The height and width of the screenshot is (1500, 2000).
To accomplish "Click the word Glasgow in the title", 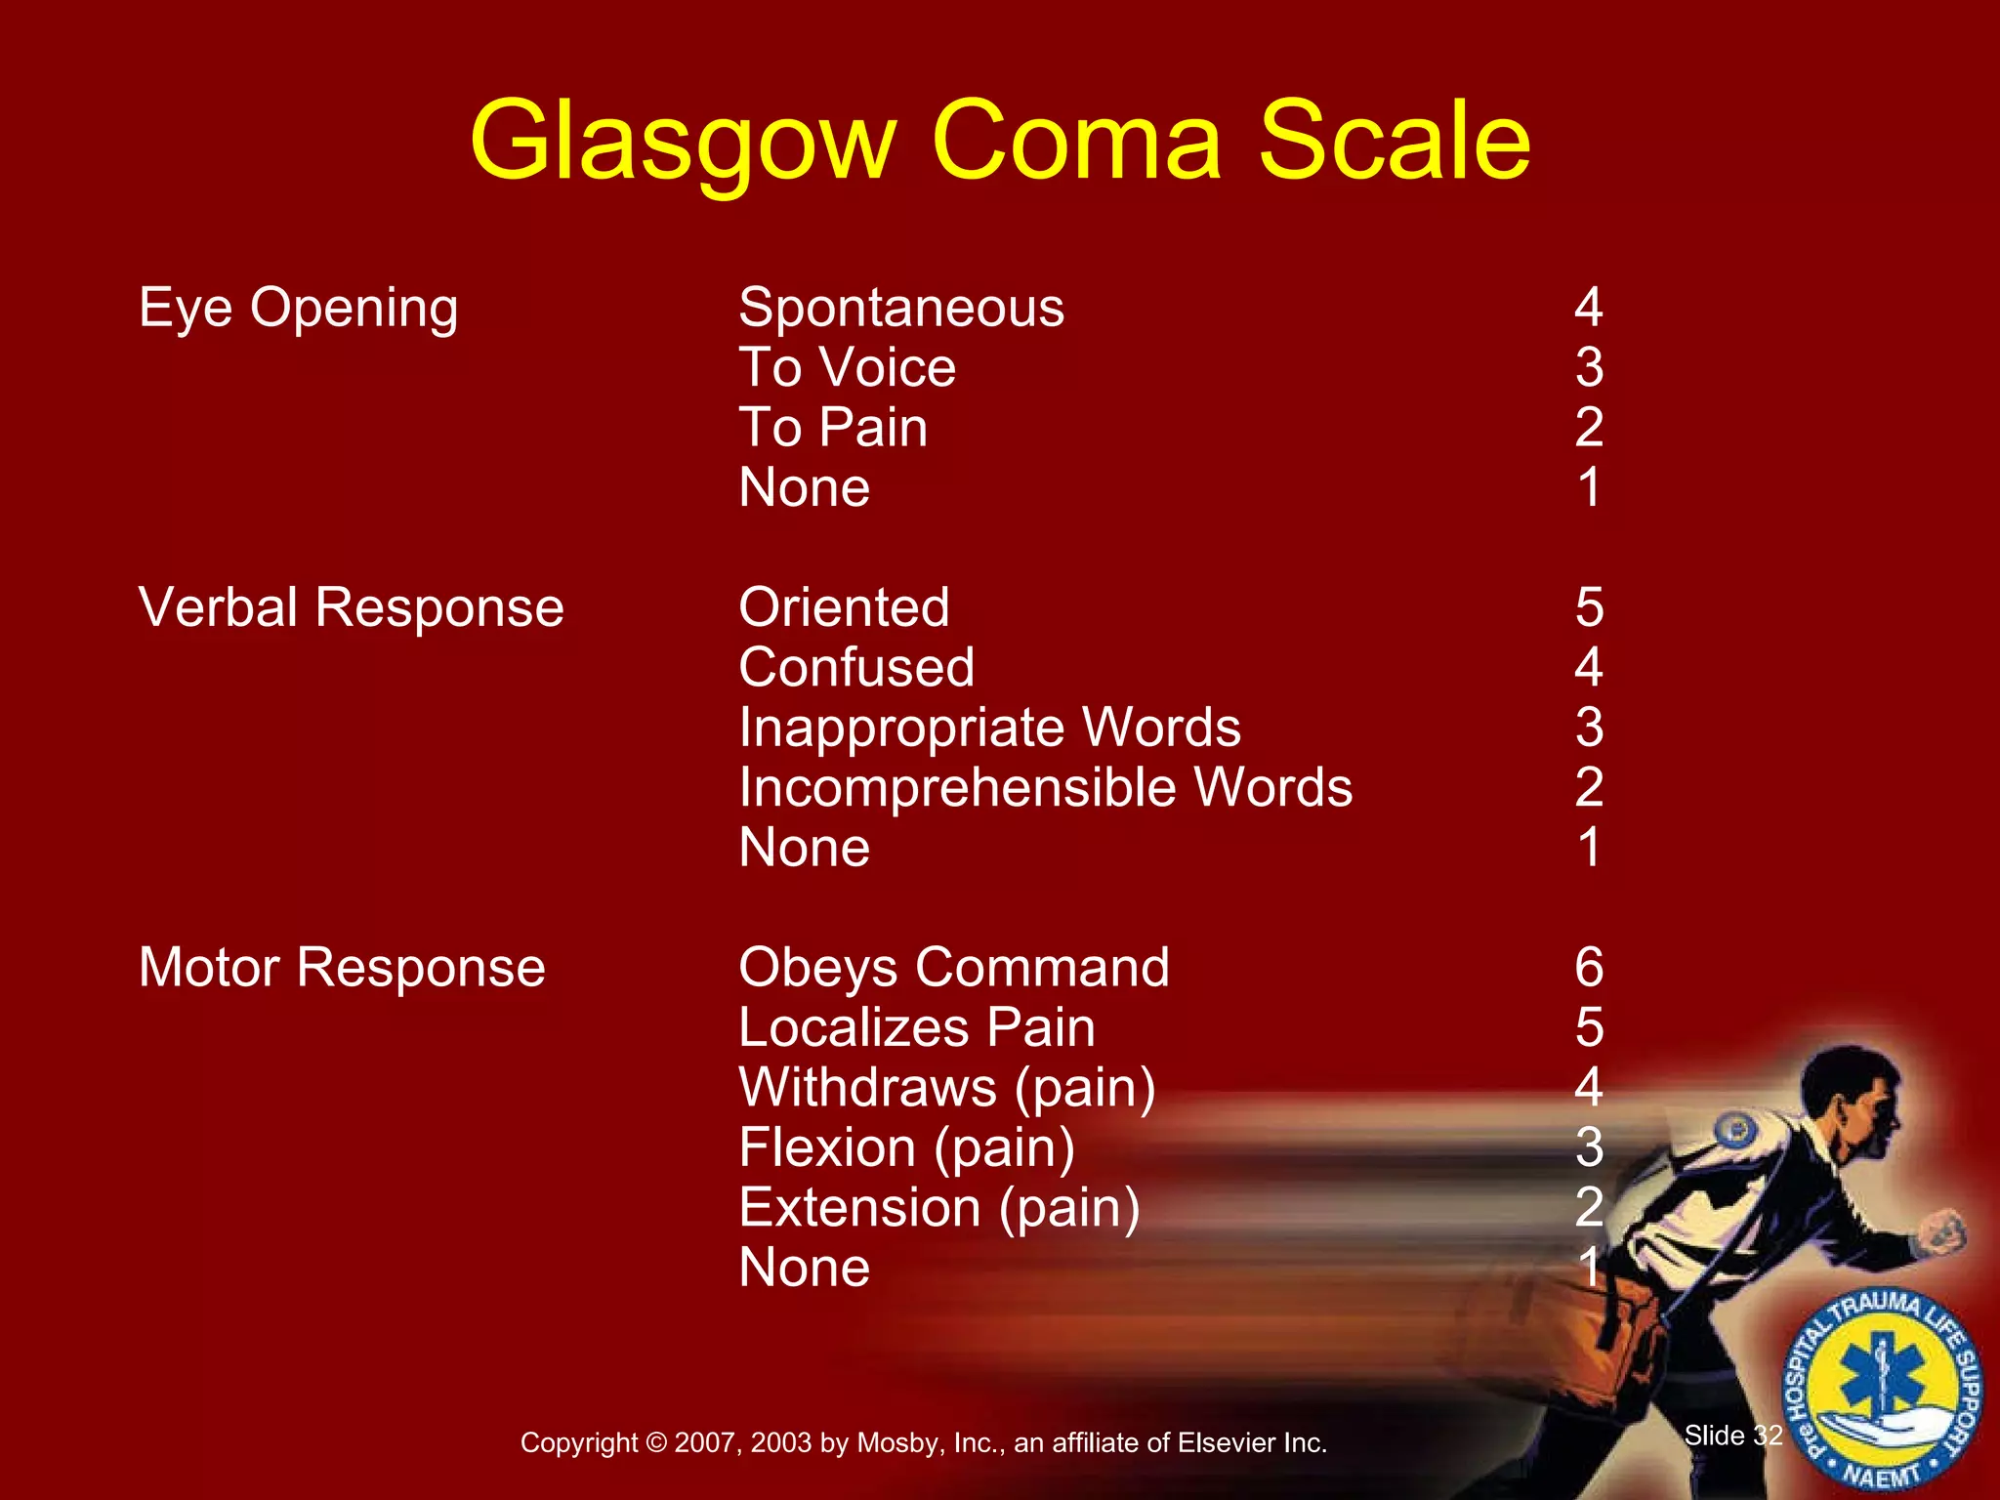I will click(x=683, y=144).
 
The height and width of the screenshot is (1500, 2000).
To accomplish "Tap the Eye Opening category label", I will click(x=298, y=309).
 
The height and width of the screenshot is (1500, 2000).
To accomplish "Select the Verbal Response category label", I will click(x=352, y=607).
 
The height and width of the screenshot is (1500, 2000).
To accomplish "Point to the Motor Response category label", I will click(x=342, y=968).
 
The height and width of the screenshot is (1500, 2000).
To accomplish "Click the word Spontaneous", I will click(x=901, y=309).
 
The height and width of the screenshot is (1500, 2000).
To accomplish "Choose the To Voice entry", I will click(x=847, y=368).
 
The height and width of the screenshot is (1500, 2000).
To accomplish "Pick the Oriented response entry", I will click(x=844, y=607).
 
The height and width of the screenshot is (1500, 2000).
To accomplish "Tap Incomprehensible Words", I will click(x=1045, y=787).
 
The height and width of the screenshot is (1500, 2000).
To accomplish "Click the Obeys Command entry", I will click(x=954, y=968).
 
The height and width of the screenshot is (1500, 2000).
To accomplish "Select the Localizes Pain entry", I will click(x=917, y=1027).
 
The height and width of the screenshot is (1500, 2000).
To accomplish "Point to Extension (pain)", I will click(x=939, y=1208).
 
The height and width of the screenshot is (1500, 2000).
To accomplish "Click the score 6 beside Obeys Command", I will click(x=1589, y=968).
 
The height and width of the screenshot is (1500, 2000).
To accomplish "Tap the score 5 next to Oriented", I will click(x=1589, y=607).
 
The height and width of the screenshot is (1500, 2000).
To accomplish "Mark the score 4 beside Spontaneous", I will click(x=1589, y=309).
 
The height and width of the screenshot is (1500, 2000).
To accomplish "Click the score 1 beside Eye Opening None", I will click(x=1589, y=487).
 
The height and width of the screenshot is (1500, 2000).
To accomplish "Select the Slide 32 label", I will click(x=1733, y=1436).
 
